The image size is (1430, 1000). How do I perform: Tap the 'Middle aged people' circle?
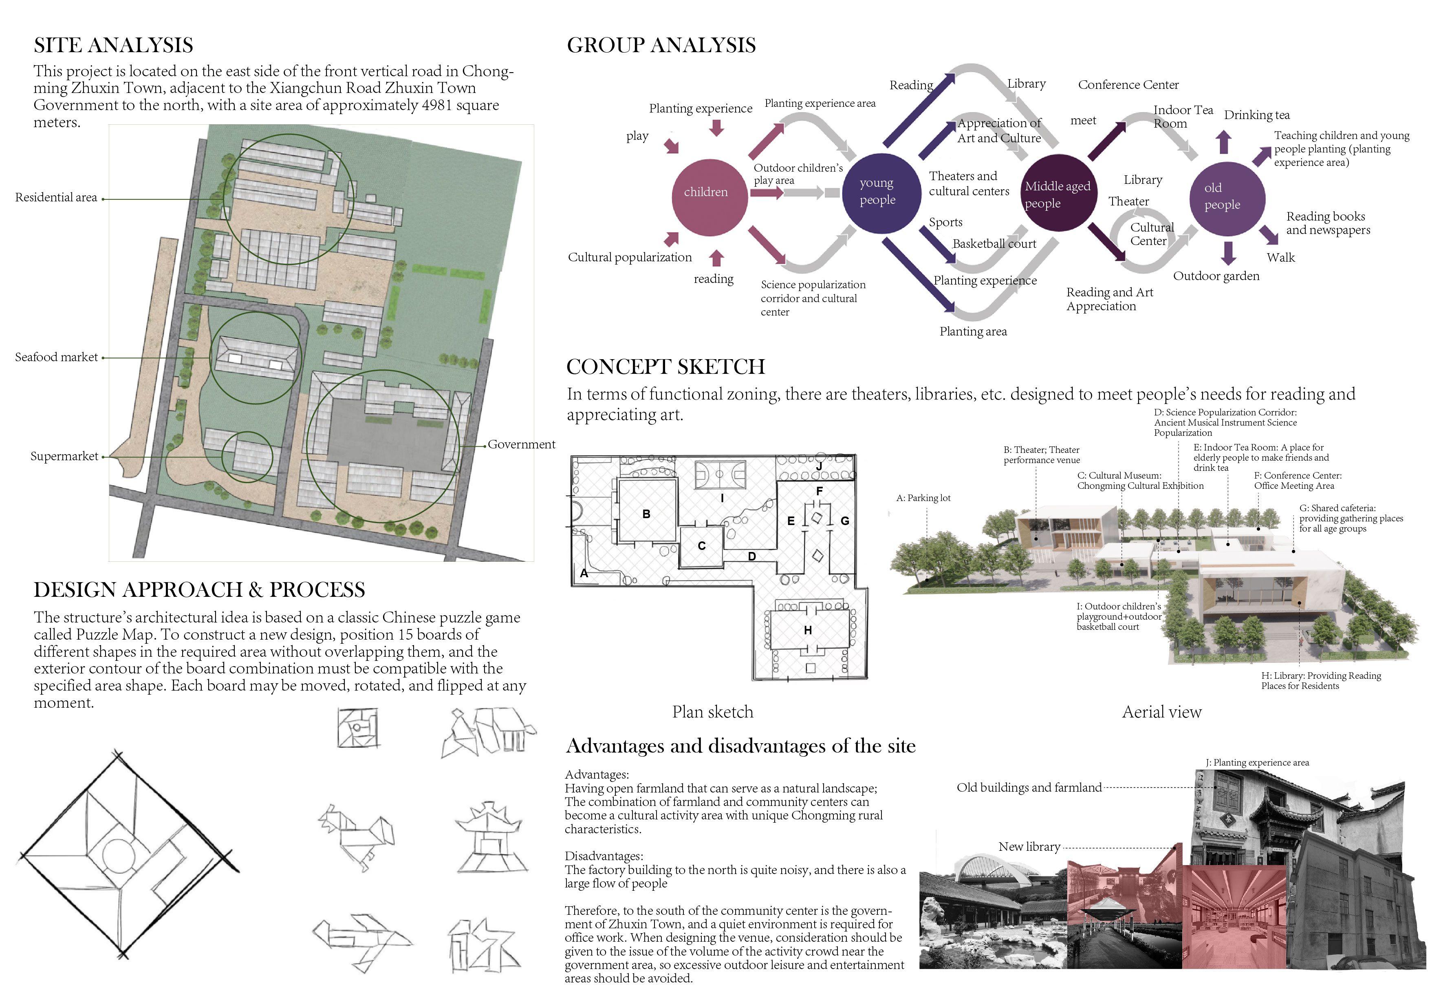[x=1058, y=194]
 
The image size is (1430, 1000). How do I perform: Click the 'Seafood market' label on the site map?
[x=57, y=357]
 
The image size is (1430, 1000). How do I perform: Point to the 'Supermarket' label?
[x=64, y=456]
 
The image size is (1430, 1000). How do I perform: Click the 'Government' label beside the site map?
[x=521, y=444]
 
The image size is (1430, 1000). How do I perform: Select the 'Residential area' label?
[x=56, y=197]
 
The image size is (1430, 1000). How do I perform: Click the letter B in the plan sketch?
[x=646, y=514]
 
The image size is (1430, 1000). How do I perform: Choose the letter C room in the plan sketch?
[x=701, y=546]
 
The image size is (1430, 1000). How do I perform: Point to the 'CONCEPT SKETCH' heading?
[x=665, y=366]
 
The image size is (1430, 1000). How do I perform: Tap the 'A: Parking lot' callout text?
[x=923, y=498]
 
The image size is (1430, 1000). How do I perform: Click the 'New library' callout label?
[x=1029, y=847]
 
